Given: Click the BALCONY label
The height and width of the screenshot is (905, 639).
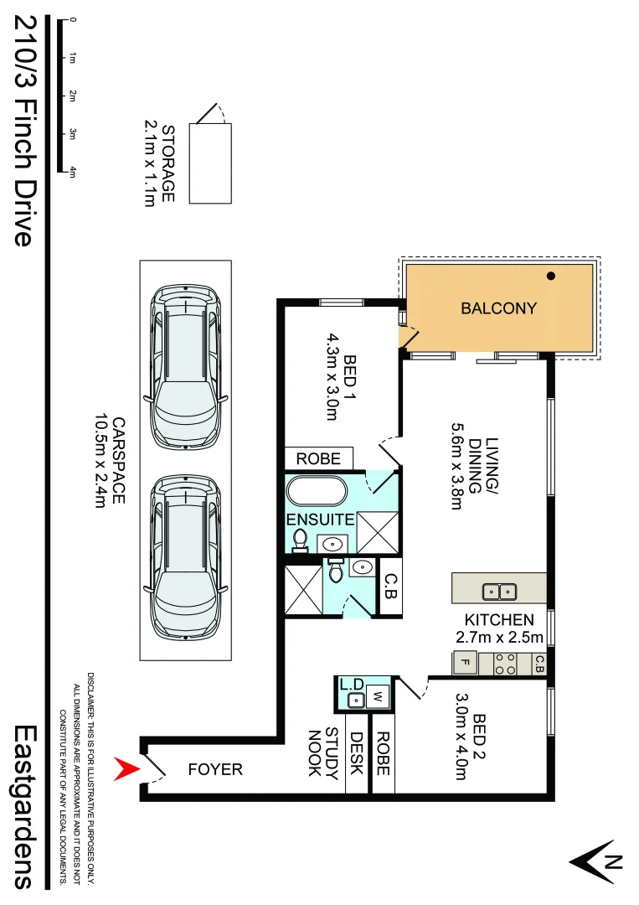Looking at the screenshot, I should tap(498, 308).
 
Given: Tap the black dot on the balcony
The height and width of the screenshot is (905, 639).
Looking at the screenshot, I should tap(550, 276).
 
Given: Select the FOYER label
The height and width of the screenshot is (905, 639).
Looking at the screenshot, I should tap(215, 769).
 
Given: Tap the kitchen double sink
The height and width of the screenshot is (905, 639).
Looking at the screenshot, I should tap(499, 592).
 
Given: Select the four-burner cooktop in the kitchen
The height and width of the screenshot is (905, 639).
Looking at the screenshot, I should tap(505, 665).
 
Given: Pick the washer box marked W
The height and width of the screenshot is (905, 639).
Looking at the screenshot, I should tap(378, 695).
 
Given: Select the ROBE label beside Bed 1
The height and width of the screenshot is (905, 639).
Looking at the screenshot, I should tap(319, 458).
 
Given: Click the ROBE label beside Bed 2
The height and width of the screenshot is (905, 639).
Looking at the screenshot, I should tap(383, 752).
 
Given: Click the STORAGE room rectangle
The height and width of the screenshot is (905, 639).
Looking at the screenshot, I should tap(209, 163).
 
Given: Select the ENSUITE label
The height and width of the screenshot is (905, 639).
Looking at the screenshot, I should tap(321, 520).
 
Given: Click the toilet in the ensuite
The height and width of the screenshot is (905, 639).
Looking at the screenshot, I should tap(301, 541).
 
